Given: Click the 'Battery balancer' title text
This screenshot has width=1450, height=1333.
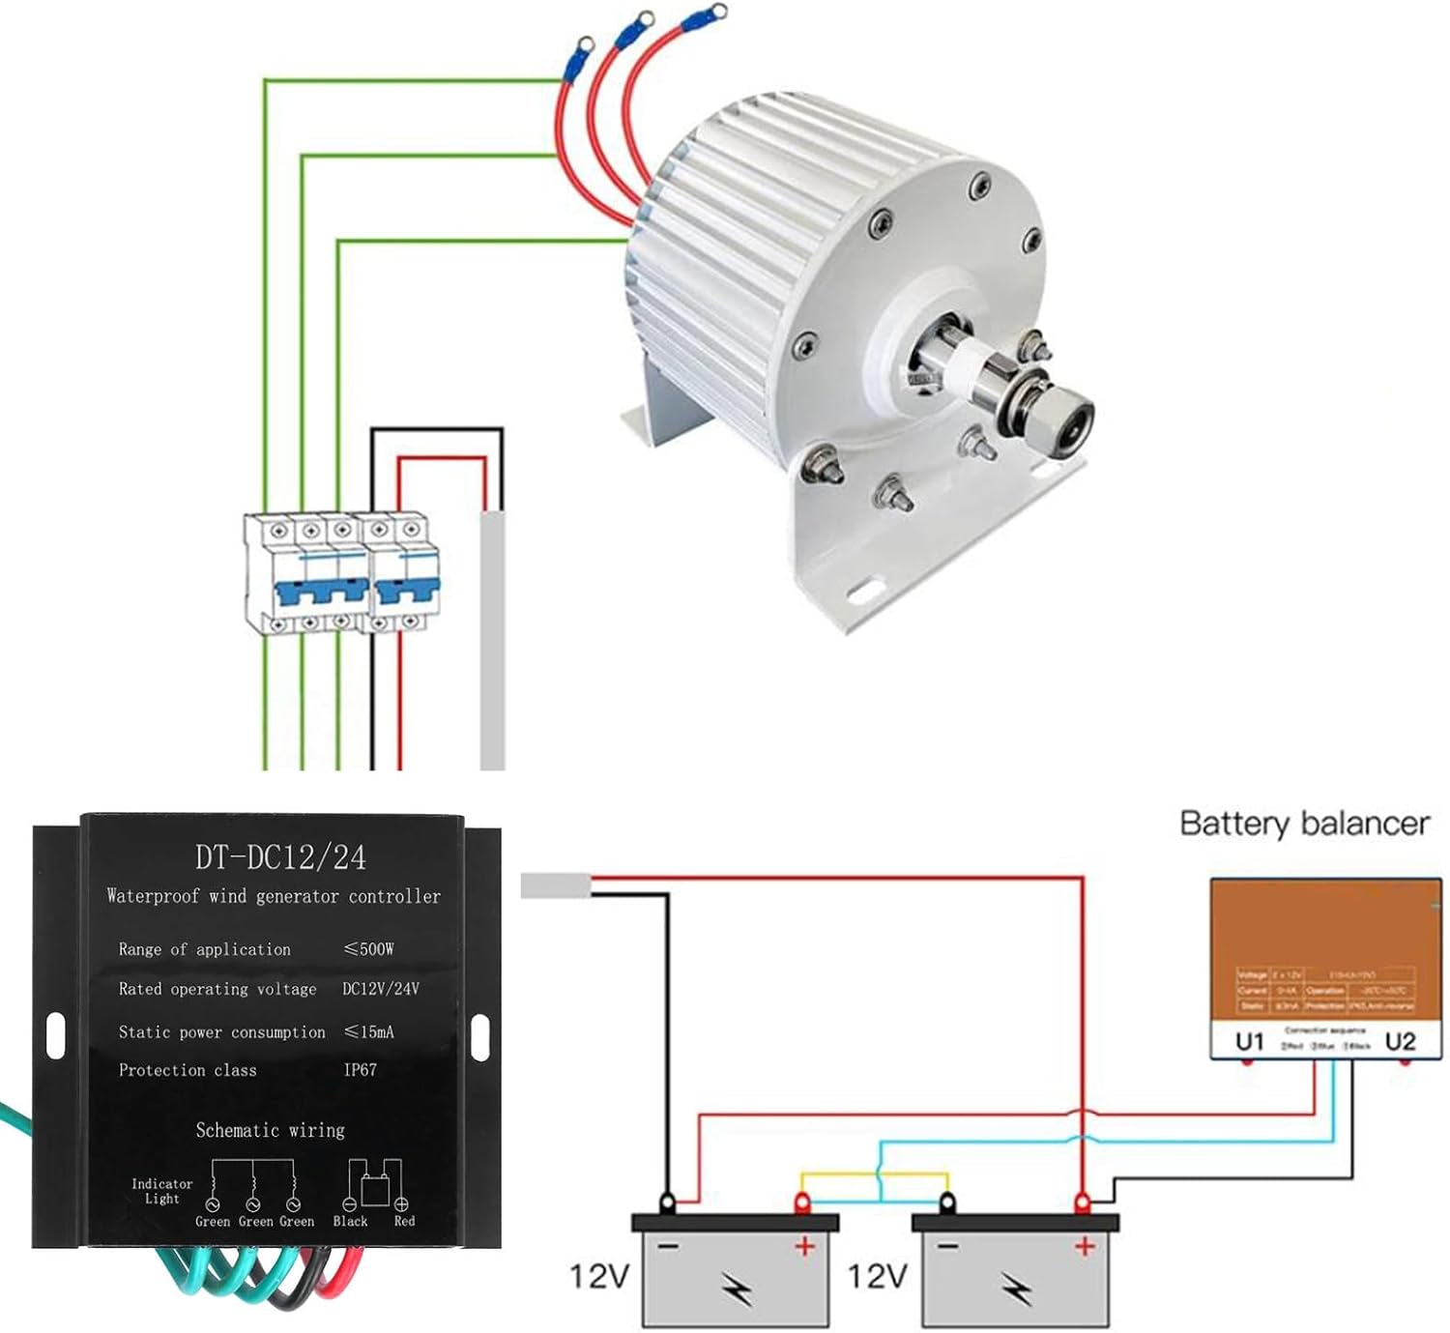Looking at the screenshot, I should click(1303, 824).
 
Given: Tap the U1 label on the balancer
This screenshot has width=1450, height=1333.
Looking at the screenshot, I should click(1249, 1041).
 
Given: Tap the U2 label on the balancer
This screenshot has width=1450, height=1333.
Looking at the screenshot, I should click(1400, 1041).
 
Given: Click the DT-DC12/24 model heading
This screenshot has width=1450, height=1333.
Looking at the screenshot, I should click(280, 857).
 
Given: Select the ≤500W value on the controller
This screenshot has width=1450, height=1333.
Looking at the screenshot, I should click(368, 949).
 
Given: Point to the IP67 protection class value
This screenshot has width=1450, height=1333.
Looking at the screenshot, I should click(360, 1070).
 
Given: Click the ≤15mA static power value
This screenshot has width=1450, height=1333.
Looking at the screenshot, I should click(368, 1032).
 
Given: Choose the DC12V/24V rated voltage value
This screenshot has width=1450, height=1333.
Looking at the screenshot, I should click(381, 989).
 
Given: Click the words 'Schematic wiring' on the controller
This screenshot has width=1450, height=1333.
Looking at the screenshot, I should click(270, 1130).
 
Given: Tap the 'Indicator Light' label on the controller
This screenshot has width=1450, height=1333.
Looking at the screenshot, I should click(161, 1191).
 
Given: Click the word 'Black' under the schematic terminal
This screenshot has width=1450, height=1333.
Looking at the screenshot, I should click(350, 1222).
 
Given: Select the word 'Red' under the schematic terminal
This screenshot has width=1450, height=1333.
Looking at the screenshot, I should click(404, 1222).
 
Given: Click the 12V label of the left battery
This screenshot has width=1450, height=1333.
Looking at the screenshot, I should click(598, 1276).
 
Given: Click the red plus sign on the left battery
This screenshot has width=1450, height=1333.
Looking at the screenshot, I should click(804, 1247).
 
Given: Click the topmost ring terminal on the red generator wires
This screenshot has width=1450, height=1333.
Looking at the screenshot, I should click(716, 13).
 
